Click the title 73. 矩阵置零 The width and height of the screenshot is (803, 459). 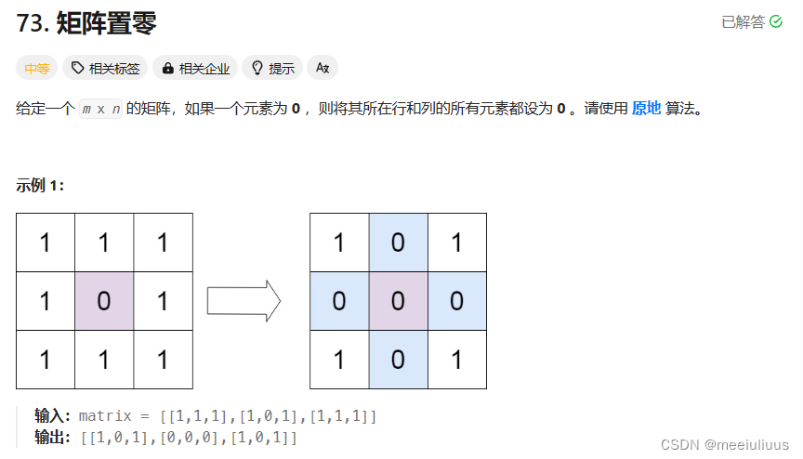pyautogui.click(x=86, y=22)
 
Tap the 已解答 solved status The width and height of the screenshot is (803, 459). pyautogui.click(x=751, y=21)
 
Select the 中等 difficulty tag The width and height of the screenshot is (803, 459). pyautogui.click(x=37, y=68)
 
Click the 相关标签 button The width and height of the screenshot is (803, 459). pyautogui.click(x=105, y=68)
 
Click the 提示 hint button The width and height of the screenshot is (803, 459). pyautogui.click(x=272, y=68)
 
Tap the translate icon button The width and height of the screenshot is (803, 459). pyautogui.click(x=323, y=68)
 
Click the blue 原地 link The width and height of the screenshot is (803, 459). pyautogui.click(x=646, y=108)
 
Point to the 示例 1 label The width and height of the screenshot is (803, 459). pyautogui.click(x=40, y=184)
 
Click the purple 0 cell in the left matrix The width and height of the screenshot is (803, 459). pyautogui.click(x=104, y=301)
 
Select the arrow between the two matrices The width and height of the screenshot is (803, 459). pyautogui.click(x=244, y=301)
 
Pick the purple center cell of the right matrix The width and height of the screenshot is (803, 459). pyautogui.click(x=398, y=301)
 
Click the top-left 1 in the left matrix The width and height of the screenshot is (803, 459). pyautogui.click(x=46, y=243)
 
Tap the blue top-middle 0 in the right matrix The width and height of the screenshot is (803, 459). pyautogui.click(x=398, y=243)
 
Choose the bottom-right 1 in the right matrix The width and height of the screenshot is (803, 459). pyautogui.click(x=456, y=360)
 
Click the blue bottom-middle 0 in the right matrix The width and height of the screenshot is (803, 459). pyautogui.click(x=398, y=360)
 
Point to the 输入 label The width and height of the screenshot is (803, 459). pyautogui.click(x=52, y=415)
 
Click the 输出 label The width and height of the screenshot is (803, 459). pyautogui.click(x=52, y=436)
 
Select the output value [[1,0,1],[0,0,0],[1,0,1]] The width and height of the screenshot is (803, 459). pyautogui.click(x=189, y=436)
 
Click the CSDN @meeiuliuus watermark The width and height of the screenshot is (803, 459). pyautogui.click(x=724, y=444)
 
